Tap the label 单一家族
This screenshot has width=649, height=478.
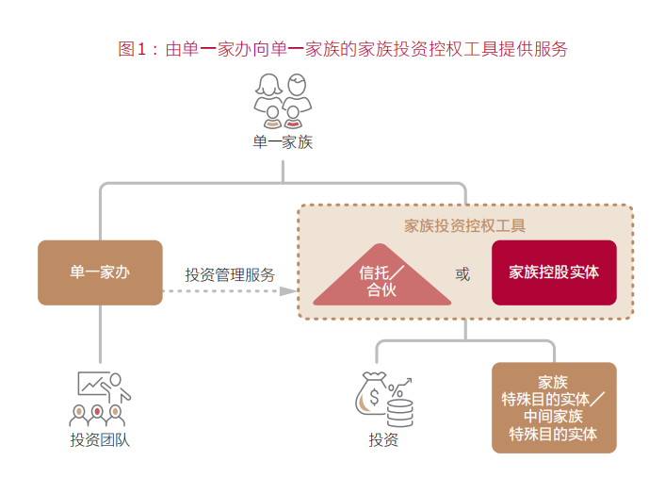pos(283,143)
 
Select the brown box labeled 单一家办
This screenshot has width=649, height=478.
pos(100,272)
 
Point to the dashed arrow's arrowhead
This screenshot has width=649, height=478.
pos(288,291)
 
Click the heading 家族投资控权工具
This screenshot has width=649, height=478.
pos(465,225)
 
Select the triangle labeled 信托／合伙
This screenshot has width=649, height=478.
pos(381,279)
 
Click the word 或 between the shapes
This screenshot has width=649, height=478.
pos(462,274)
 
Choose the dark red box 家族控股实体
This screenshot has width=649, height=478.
pos(554,272)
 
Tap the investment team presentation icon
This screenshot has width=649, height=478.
pos(101,398)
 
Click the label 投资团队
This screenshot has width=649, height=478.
pos(100,439)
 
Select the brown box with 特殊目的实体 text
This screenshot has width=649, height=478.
pos(554,407)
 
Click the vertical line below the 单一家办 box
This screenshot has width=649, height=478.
pos(100,335)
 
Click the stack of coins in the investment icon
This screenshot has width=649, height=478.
pos(400,411)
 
